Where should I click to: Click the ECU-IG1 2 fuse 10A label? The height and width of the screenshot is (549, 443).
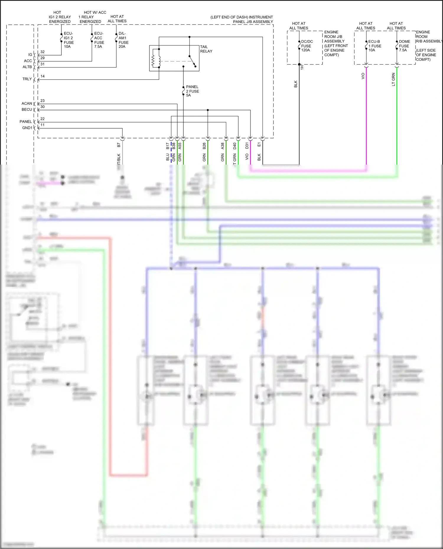[x=69, y=40]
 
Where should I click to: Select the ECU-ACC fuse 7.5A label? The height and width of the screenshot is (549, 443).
[x=99, y=40]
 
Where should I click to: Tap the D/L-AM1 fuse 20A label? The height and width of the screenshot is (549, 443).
[x=123, y=40]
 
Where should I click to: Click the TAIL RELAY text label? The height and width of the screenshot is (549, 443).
[x=206, y=49]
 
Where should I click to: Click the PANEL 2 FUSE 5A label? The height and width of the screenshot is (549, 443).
[x=192, y=91]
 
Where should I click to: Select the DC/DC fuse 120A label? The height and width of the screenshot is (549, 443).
[x=307, y=46]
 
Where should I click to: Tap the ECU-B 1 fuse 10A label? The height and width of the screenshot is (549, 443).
[x=374, y=46]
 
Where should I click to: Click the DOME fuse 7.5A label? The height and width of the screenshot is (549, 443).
[x=404, y=46]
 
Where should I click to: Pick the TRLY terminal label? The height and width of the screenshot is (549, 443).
[x=27, y=79]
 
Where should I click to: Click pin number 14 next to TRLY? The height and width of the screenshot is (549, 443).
[x=43, y=76]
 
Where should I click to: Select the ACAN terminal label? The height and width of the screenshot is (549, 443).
[x=27, y=104]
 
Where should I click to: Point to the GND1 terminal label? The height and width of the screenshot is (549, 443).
[x=27, y=128]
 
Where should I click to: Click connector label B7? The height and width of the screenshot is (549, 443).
[x=119, y=145]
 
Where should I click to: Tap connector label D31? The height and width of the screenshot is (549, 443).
[x=247, y=145]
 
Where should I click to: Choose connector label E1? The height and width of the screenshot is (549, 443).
[x=259, y=145]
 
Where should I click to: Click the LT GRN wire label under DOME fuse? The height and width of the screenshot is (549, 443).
[x=393, y=79]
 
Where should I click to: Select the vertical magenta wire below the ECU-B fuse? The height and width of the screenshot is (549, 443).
[x=366, y=118]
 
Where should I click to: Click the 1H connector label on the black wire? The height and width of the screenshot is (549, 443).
[x=302, y=67]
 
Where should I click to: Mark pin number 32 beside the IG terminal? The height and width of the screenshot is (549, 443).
[x=43, y=52]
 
